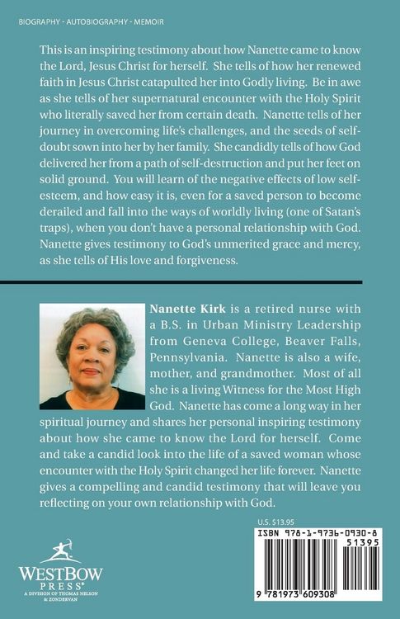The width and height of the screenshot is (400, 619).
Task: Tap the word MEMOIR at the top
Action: [139, 19]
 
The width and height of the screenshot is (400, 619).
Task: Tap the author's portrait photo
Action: [91, 356]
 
